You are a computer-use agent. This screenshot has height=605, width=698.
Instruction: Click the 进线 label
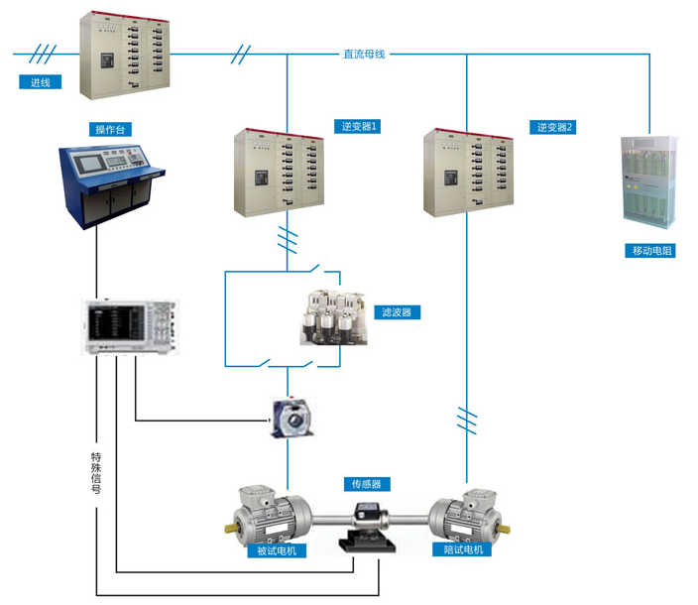40,82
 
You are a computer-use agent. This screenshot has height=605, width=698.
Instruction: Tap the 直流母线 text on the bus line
363,54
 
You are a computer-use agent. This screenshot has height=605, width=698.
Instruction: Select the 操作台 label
112,130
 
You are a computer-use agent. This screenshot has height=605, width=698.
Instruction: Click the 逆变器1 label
361,127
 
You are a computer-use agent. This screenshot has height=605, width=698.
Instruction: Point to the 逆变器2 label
555,127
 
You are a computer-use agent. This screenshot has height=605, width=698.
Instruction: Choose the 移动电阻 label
652,251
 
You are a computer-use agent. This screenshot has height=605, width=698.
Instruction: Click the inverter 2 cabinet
469,172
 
